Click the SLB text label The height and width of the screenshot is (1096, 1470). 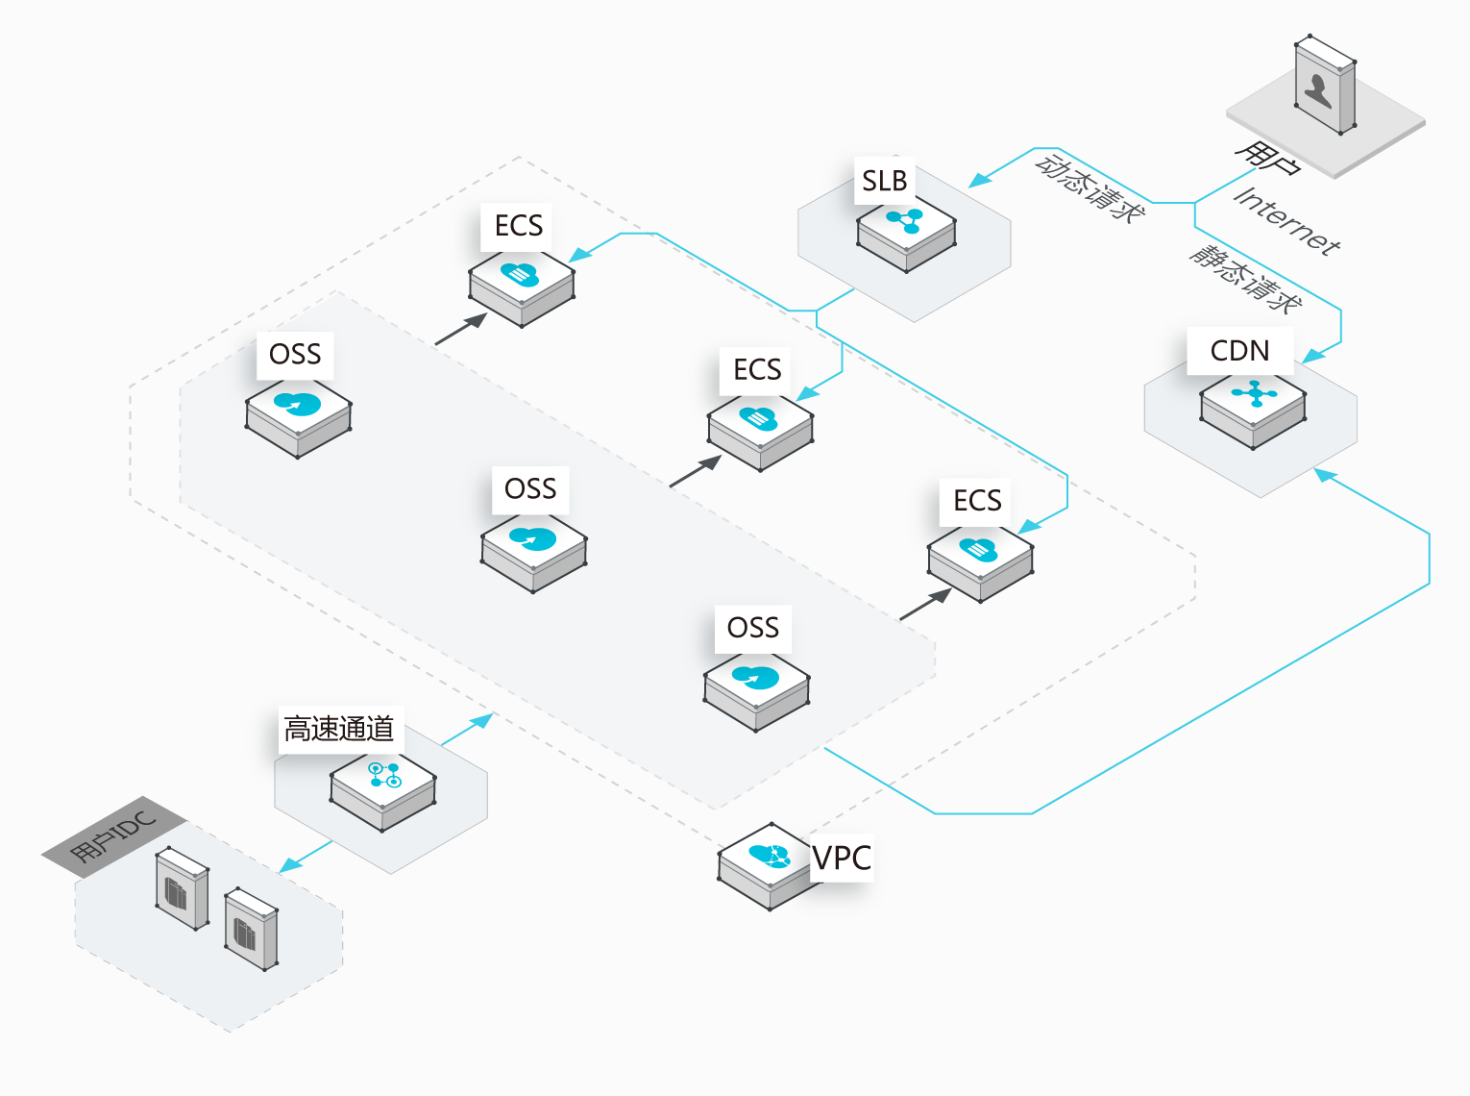tap(884, 181)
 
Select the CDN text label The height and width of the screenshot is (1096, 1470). tap(1239, 351)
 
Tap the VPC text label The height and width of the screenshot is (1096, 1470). tap(842, 858)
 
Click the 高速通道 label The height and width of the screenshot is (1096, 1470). tap(338, 729)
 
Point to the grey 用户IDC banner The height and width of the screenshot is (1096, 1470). tap(113, 835)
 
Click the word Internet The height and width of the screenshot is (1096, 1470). tap(1286, 222)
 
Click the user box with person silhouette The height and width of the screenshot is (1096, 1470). tap(1325, 85)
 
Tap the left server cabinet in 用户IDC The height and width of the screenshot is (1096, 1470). tap(182, 887)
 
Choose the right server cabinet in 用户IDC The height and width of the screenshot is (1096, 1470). tap(251, 929)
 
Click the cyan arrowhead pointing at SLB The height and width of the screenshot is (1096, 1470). tap(979, 180)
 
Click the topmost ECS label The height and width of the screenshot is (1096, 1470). tap(519, 226)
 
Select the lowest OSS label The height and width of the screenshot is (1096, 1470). tap(753, 628)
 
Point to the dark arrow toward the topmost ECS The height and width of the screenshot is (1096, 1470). tap(462, 329)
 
